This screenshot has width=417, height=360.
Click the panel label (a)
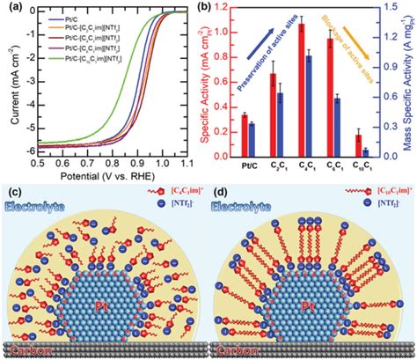click(11, 10)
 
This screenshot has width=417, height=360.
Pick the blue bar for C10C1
click(365, 152)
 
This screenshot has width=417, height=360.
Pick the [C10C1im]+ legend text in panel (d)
click(381, 193)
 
